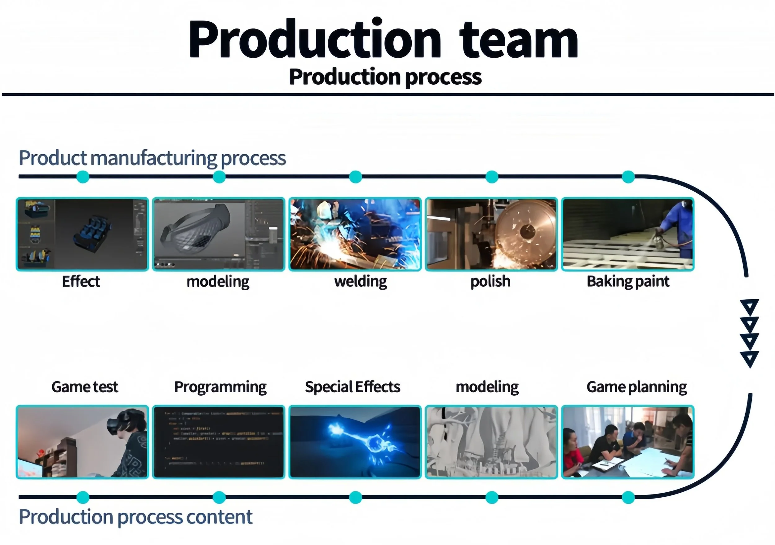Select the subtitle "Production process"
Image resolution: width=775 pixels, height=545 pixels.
pyautogui.click(x=385, y=77)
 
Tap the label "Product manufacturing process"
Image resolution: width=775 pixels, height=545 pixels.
pyautogui.click(x=152, y=158)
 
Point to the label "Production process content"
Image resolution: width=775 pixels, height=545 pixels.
pyautogui.click(x=135, y=517)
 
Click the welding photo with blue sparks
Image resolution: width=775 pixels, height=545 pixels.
pyautogui.click(x=355, y=234)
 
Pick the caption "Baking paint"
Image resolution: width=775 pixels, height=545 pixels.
pyautogui.click(x=628, y=281)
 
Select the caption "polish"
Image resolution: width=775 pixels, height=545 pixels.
pyautogui.click(x=490, y=281)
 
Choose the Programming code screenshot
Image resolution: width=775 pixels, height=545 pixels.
pyautogui.click(x=219, y=442)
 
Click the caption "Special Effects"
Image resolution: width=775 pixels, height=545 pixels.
pyautogui.click(x=352, y=387)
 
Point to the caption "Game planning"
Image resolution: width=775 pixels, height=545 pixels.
pyautogui.click(x=636, y=387)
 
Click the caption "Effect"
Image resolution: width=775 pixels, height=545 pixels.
pyautogui.click(x=81, y=281)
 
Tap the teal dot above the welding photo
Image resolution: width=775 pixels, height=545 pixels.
pyautogui.click(x=356, y=177)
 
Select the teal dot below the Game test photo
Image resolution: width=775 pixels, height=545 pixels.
pyautogui.click(x=83, y=497)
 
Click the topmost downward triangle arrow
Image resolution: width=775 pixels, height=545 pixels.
pyautogui.click(x=750, y=306)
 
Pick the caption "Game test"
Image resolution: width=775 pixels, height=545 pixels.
pyautogui.click(x=85, y=387)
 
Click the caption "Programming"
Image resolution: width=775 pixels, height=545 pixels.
pyautogui.click(x=220, y=387)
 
